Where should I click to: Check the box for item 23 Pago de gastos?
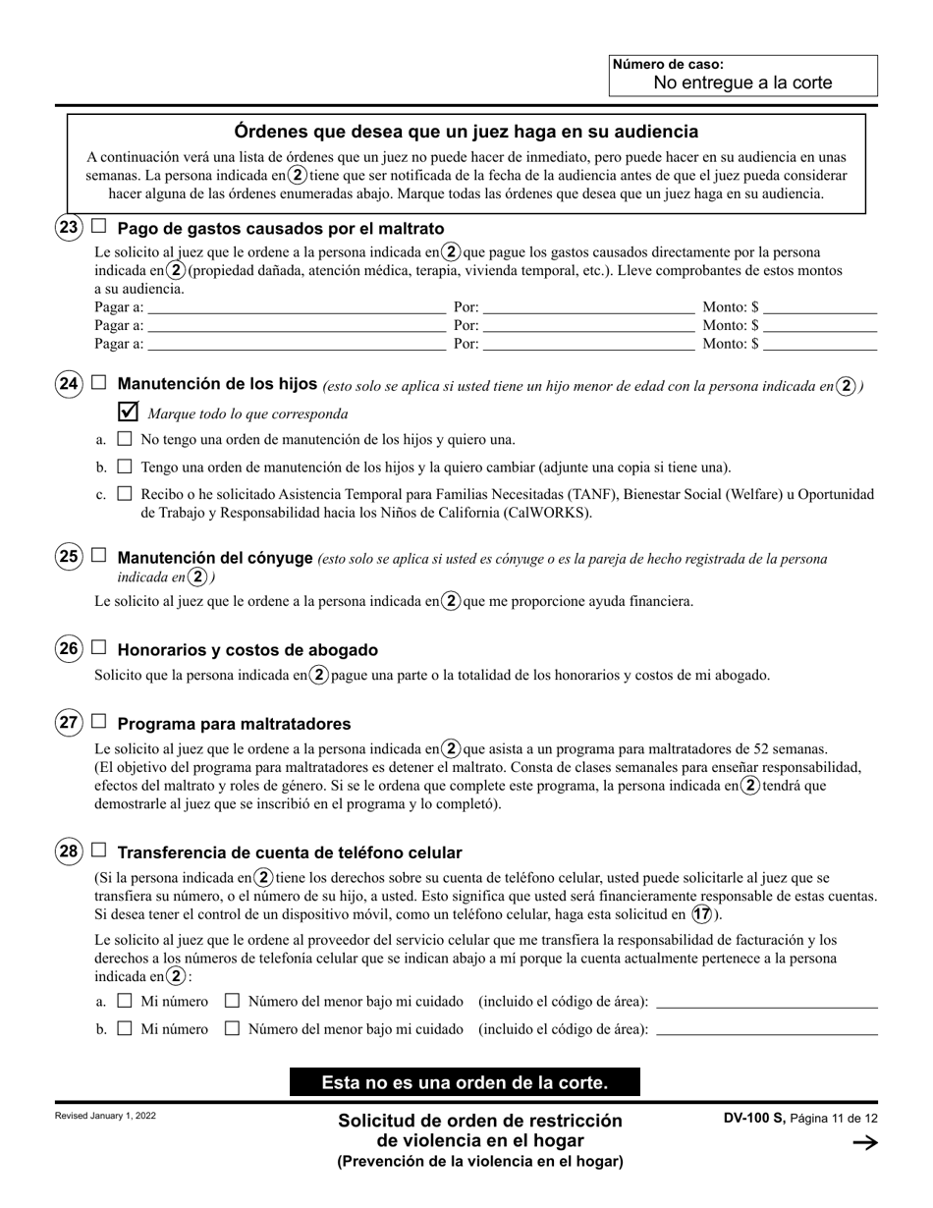(98, 226)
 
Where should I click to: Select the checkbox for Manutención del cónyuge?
(98, 556)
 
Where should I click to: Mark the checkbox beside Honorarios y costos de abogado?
(98, 647)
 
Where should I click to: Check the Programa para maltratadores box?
(98, 722)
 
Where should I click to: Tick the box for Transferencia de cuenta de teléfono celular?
(98, 851)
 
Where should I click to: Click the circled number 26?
(69, 648)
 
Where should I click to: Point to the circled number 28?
(69, 851)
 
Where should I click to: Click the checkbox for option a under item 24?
(124, 439)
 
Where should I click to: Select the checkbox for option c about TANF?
(124, 494)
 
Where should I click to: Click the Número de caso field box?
(742, 76)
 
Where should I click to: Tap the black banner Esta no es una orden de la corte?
(465, 1082)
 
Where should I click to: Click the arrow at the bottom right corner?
(865, 1141)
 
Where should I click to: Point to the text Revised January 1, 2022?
(105, 1117)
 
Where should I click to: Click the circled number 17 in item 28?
(702, 913)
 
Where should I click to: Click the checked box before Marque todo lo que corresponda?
(128, 412)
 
